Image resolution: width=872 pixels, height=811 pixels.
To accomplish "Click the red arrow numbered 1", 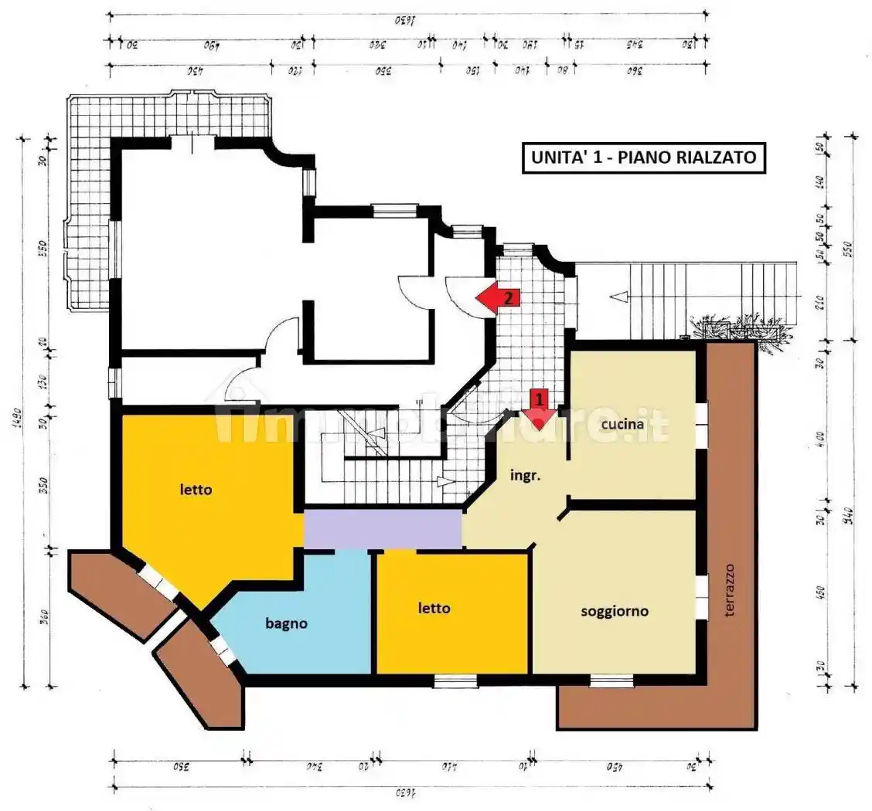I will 540,409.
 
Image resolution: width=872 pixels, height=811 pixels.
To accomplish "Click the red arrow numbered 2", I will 498,296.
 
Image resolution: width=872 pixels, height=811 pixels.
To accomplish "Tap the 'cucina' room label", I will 624,424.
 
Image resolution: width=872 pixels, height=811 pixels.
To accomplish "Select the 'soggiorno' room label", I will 615,611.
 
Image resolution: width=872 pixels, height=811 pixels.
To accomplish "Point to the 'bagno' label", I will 287,623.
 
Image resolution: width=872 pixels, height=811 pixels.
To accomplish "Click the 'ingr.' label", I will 525,476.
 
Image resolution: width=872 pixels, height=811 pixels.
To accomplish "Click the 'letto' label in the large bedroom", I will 196,489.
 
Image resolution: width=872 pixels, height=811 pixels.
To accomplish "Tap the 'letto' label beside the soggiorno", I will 434,608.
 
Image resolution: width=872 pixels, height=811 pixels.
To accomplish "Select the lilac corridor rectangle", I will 383,529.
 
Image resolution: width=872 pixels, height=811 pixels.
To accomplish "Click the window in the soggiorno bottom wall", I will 611,680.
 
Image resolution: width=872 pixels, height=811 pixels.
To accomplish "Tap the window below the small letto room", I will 455,680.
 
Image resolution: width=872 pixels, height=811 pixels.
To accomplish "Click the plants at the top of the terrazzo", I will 742,328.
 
